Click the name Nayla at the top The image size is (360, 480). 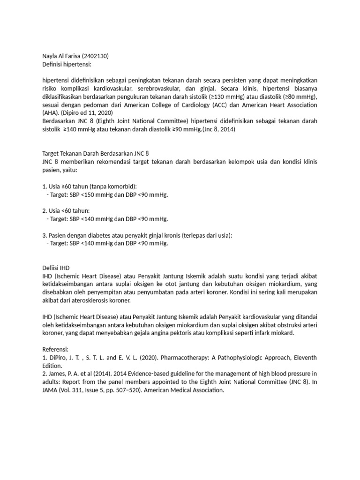50,56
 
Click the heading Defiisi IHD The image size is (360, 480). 56,267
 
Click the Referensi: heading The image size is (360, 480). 55,349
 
